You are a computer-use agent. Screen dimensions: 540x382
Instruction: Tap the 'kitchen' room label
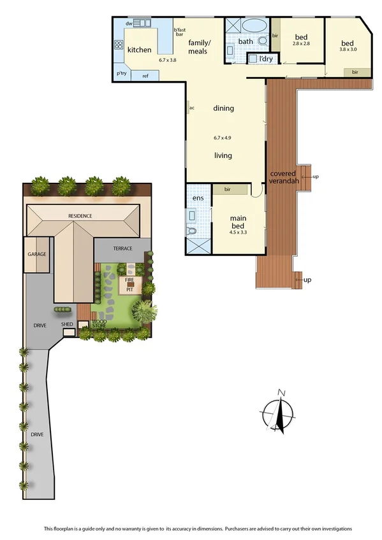[139, 50]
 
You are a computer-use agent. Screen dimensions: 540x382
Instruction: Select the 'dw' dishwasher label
[128, 24]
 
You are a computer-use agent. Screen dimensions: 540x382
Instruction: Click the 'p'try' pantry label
[121, 73]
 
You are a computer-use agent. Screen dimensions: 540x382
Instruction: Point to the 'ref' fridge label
[145, 76]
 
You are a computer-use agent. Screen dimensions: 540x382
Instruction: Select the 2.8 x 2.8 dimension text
[301, 43]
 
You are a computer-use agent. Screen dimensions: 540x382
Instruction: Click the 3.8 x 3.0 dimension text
[348, 49]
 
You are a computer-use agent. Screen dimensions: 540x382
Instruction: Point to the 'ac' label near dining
[191, 108]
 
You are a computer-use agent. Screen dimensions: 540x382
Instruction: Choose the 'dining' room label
[223, 108]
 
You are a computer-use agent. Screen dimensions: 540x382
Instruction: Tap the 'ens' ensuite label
[198, 198]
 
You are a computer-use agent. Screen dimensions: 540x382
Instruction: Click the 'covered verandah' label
[281, 177]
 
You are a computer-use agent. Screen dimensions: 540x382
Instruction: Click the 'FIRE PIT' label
[129, 283]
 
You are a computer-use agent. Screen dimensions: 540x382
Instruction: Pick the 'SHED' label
[67, 324]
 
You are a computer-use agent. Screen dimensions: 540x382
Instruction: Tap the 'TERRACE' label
[122, 248]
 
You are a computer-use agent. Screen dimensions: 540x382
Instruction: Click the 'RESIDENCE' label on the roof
[81, 216]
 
